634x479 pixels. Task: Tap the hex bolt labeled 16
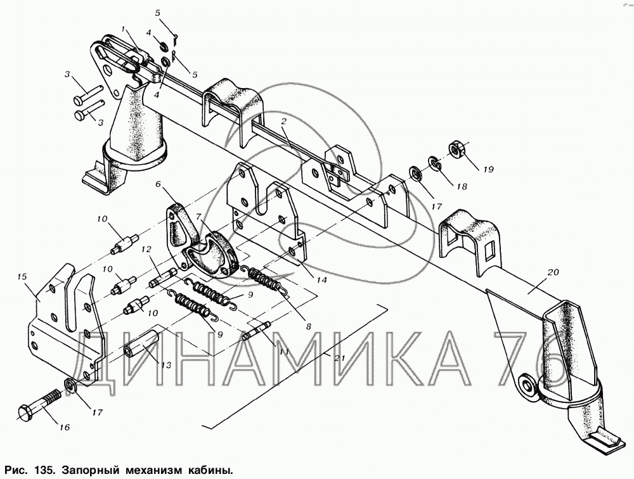pyautogui.click(x=39, y=405)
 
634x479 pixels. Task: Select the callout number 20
pyautogui.click(x=553, y=272)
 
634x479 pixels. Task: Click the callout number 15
pyautogui.click(x=22, y=277)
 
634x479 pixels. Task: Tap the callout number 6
pyautogui.click(x=158, y=185)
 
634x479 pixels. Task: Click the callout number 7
pyautogui.click(x=198, y=217)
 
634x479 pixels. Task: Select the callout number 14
pyautogui.click(x=322, y=279)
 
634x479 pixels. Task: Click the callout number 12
pyautogui.click(x=146, y=250)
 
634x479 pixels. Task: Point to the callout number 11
pyautogui.click(x=284, y=352)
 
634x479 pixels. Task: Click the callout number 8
pyautogui.click(x=309, y=326)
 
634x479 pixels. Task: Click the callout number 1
pyautogui.click(x=124, y=29)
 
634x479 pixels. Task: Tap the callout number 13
pyautogui.click(x=165, y=366)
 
